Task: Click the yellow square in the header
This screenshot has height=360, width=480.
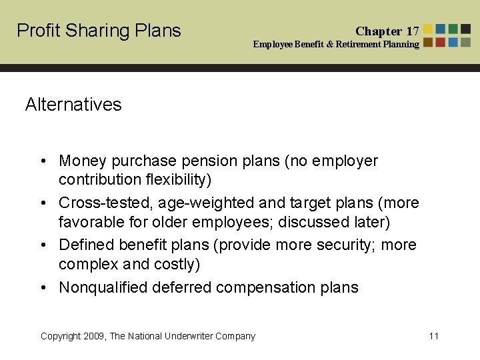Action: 428,29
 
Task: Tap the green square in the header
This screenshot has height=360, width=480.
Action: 453,29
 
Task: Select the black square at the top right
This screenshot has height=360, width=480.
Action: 466,29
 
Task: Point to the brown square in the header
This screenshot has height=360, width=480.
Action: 428,42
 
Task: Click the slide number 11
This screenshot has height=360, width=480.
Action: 434,336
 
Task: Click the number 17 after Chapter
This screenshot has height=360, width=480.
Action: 413,31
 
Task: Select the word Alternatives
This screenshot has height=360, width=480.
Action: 73,105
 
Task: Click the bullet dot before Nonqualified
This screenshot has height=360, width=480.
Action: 43,288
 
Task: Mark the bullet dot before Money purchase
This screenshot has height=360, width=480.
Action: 43,161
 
